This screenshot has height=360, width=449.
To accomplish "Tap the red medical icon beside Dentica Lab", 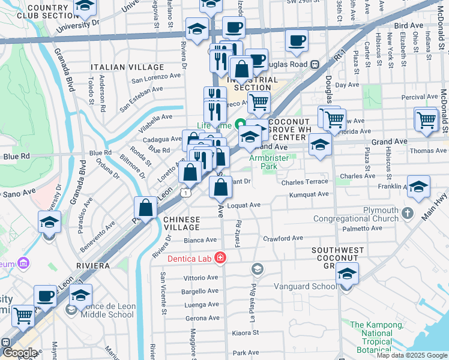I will tap(221, 257).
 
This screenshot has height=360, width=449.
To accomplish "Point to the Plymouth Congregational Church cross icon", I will tap(408, 213).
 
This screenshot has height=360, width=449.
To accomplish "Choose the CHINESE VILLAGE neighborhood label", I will tap(182, 223).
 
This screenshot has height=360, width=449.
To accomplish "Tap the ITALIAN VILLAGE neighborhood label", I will tap(127, 67).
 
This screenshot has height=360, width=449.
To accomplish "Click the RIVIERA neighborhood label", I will tap(92, 265).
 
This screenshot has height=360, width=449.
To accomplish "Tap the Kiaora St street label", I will tap(246, 332).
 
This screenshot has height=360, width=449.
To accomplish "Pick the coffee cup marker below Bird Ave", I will tap(295, 41).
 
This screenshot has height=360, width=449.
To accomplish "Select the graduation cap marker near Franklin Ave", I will tap(418, 185).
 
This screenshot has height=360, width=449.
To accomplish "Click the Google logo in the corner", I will tap(19, 353).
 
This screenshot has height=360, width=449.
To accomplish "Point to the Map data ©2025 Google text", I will tap(411, 355).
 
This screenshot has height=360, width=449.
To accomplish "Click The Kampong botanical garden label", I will tap(377, 333).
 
